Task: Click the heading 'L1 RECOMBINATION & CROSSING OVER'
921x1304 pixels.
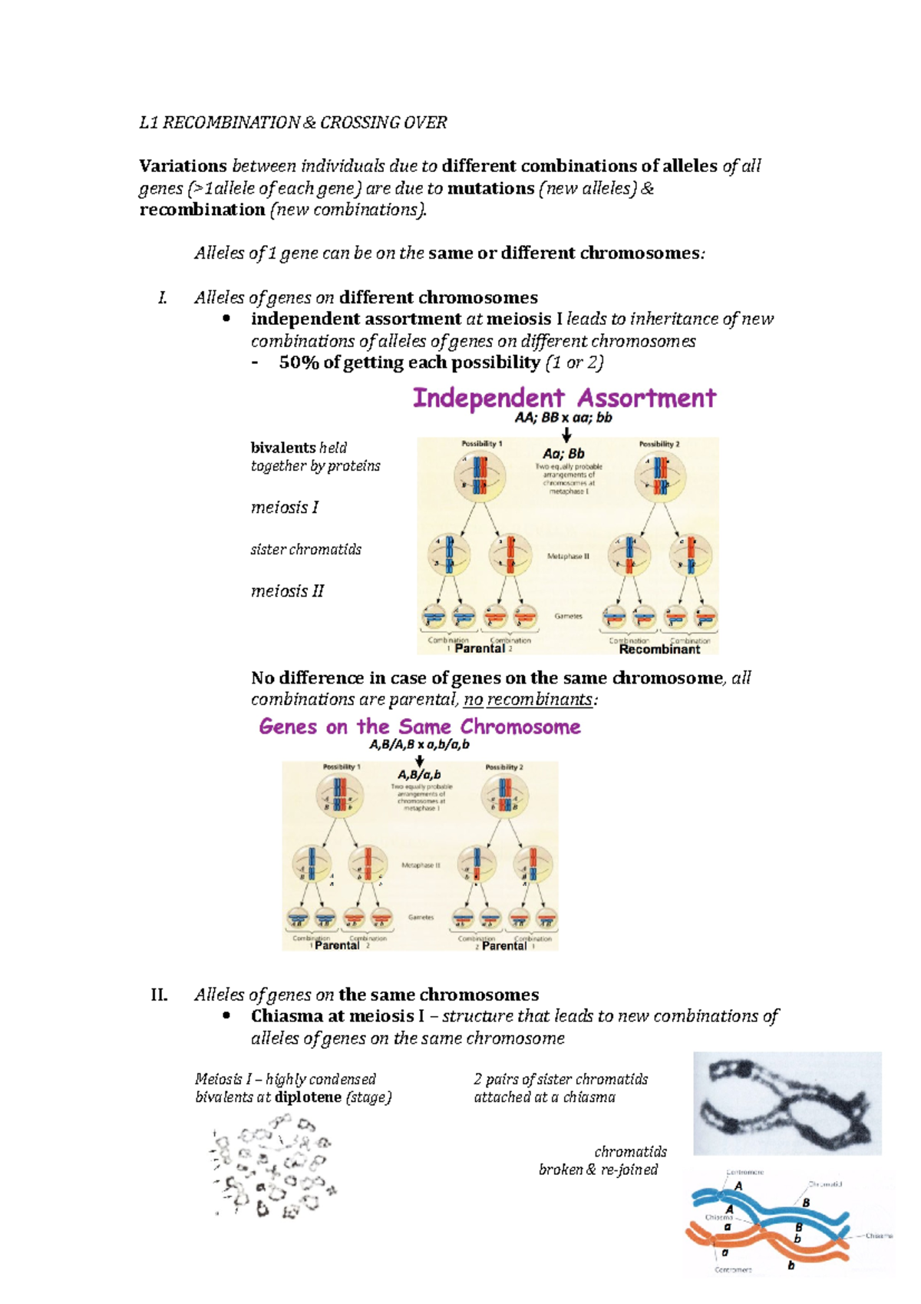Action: (292, 123)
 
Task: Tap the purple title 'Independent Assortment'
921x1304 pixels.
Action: (564, 398)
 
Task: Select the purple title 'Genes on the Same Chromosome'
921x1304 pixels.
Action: (420, 726)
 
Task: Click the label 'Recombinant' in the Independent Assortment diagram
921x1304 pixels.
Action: (659, 650)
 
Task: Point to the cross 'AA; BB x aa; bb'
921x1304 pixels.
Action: (563, 419)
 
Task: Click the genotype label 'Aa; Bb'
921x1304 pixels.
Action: (564, 454)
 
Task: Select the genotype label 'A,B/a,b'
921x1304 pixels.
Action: (419, 776)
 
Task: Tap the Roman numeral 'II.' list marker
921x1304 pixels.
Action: (159, 995)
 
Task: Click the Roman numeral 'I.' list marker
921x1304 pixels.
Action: (162, 298)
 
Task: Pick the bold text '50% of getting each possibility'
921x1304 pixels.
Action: (410, 362)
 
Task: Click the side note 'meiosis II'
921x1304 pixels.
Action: (287, 591)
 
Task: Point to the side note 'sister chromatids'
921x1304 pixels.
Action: (305, 550)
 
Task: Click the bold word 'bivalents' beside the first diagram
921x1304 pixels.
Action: (282, 448)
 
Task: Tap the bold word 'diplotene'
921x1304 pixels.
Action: (308, 1097)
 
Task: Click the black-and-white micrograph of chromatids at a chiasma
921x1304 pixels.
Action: (787, 1104)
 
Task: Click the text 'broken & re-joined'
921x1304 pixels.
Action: (598, 1170)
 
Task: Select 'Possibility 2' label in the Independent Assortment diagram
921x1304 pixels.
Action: (659, 444)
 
